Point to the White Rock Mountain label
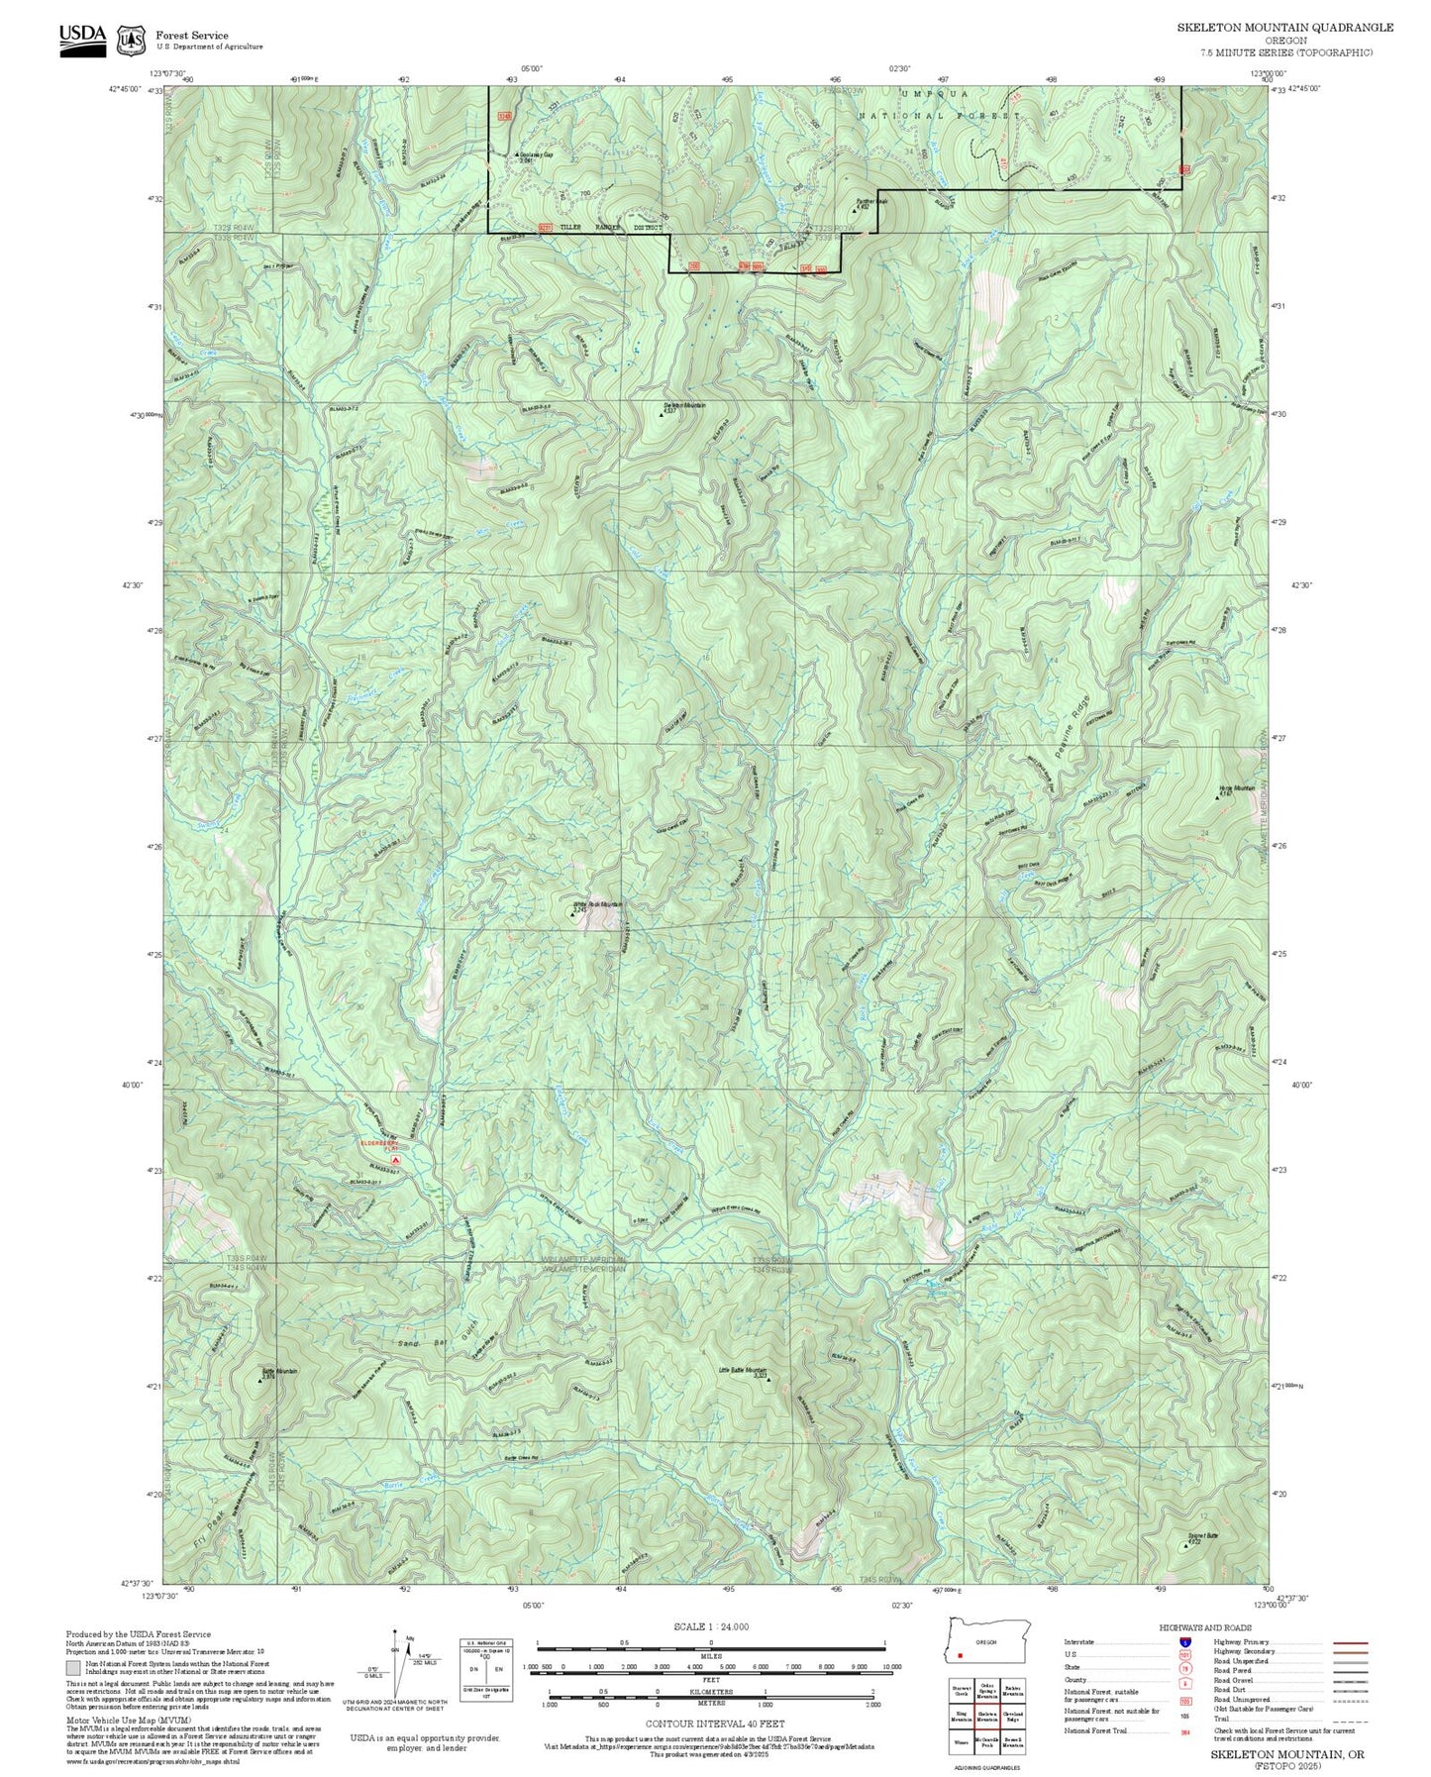coord(599,903)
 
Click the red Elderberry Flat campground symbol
coord(395,1157)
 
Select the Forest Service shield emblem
coord(131,41)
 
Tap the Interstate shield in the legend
coord(1183,1641)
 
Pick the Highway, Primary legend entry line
coord(1350,1642)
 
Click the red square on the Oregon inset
coord(960,1655)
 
